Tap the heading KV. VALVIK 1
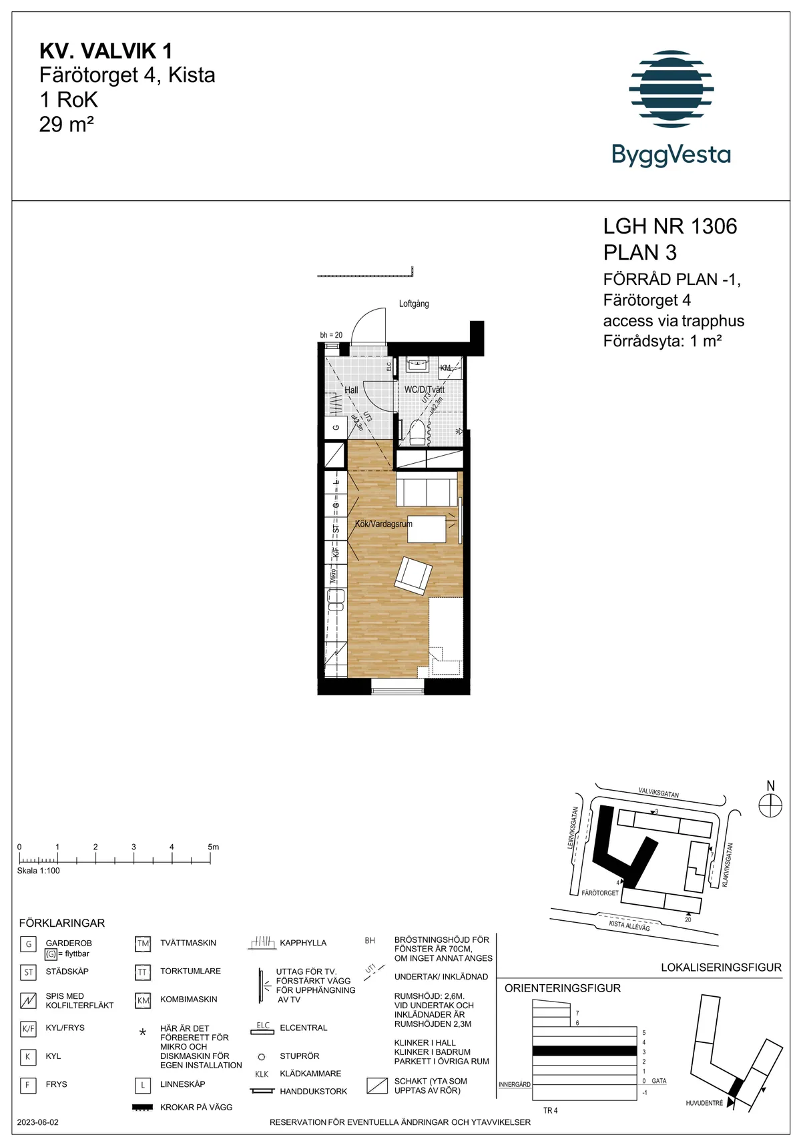tap(105, 51)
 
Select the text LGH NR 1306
tap(670, 226)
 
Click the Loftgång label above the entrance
tap(414, 304)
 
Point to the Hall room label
tap(351, 390)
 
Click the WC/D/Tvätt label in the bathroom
tap(424, 389)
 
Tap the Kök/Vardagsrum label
tap(383, 524)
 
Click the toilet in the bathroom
tap(417, 431)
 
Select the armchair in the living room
tap(414, 575)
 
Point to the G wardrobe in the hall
tap(336, 428)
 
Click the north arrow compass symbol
tap(770, 805)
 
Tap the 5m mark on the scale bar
tap(212, 847)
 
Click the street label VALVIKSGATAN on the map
tap(658, 793)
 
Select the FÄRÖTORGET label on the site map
tap(599, 893)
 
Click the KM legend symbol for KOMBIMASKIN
tap(143, 1000)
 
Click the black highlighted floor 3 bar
tap(584, 1051)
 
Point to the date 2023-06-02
tap(38, 1122)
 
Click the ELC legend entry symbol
tap(262, 1028)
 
